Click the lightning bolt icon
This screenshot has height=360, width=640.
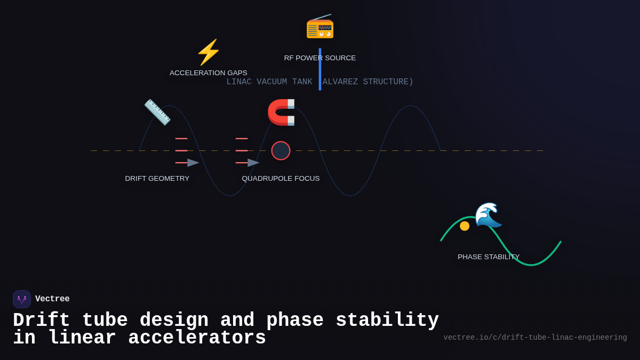tap(209, 52)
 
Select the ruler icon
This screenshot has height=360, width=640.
tap(157, 112)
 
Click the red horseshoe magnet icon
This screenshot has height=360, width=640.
tap(281, 112)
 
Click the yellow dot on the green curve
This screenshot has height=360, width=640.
tap(465, 226)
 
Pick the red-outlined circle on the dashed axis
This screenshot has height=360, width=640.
tap(281, 150)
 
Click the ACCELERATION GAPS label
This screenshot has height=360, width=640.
tap(209, 73)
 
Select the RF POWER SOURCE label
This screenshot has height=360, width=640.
tap(320, 58)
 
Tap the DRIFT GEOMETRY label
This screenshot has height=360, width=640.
tap(157, 179)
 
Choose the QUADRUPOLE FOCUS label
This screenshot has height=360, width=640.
tap(281, 179)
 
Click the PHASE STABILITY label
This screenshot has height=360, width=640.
tap(489, 257)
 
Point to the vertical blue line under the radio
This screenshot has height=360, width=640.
tap(320, 69)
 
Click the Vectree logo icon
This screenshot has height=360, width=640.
tap(22, 299)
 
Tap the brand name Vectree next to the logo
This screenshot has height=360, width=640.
tap(52, 299)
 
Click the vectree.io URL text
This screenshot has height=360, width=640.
tap(535, 338)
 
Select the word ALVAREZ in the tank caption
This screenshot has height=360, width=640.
tap(340, 82)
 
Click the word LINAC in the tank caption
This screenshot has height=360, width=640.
tap(239, 82)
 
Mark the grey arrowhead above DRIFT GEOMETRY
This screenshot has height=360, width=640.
tap(193, 163)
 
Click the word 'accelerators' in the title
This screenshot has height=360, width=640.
tap(197, 338)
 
